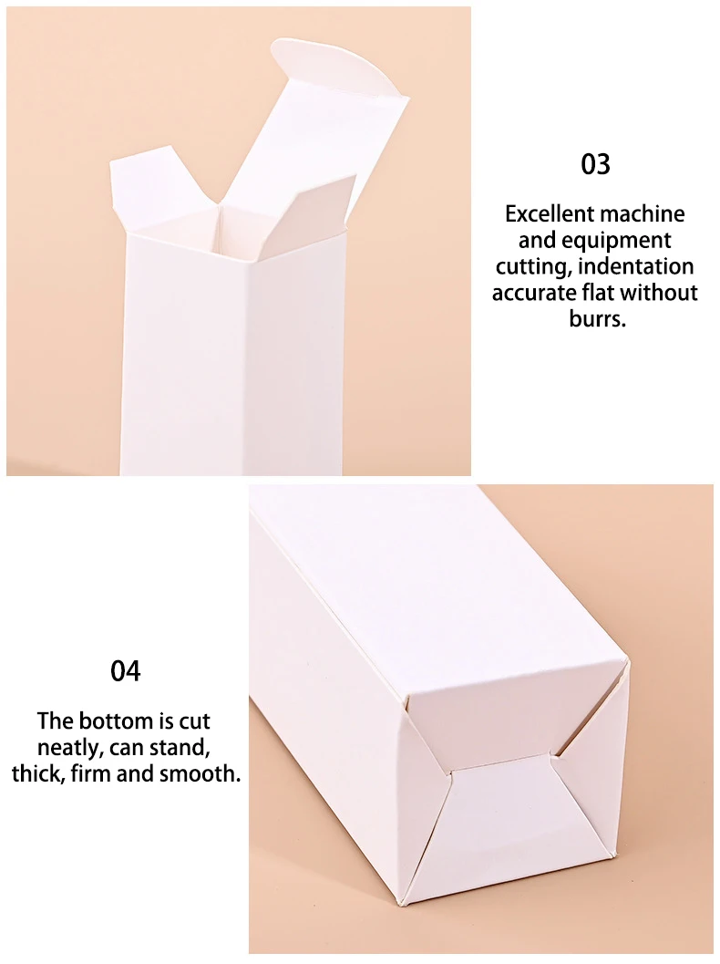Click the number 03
[595, 165]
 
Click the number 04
[126, 671]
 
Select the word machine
[643, 214]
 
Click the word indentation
[636, 266]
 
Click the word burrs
[597, 319]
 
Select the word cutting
[533, 266]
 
